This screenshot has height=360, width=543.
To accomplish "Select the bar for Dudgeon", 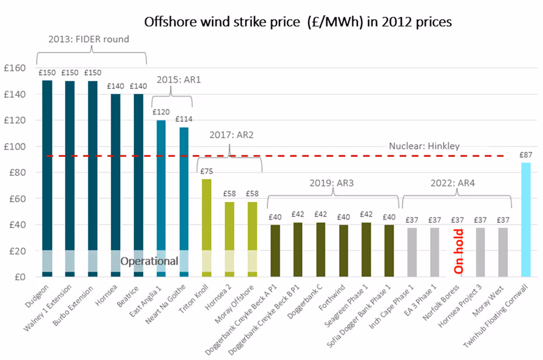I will click(47, 176).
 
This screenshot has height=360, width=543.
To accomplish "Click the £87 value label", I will click(525, 156).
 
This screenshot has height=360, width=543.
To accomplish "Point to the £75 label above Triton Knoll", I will click(207, 172).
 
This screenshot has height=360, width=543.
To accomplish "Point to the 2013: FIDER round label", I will click(89, 39).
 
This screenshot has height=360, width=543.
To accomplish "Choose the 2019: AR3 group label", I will click(332, 183).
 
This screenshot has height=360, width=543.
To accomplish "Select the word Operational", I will click(149, 261).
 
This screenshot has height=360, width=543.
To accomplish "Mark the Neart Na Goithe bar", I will click(184, 200).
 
